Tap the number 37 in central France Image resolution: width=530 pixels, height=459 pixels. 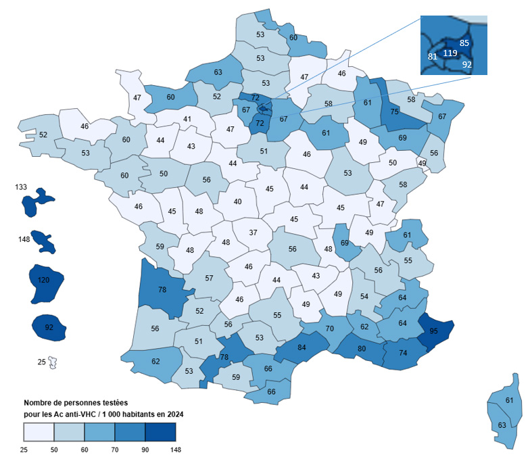pyautogui.click(x=254, y=233)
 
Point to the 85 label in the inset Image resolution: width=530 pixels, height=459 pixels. pyautogui.click(x=464, y=43)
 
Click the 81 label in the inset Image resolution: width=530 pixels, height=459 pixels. pyautogui.click(x=433, y=57)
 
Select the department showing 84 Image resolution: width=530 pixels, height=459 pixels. pyautogui.click(x=301, y=348)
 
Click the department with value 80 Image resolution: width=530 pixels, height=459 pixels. pyautogui.click(x=362, y=349)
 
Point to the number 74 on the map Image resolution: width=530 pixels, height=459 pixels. pyautogui.click(x=403, y=352)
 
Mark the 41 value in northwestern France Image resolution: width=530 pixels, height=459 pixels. pyautogui.click(x=187, y=119)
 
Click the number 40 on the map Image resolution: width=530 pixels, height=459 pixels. pyautogui.click(x=237, y=201)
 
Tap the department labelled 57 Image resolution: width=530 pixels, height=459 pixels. pyautogui.click(x=209, y=278)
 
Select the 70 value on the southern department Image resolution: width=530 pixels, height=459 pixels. pyautogui.click(x=330, y=329)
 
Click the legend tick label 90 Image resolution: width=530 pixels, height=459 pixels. pyautogui.click(x=145, y=449)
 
